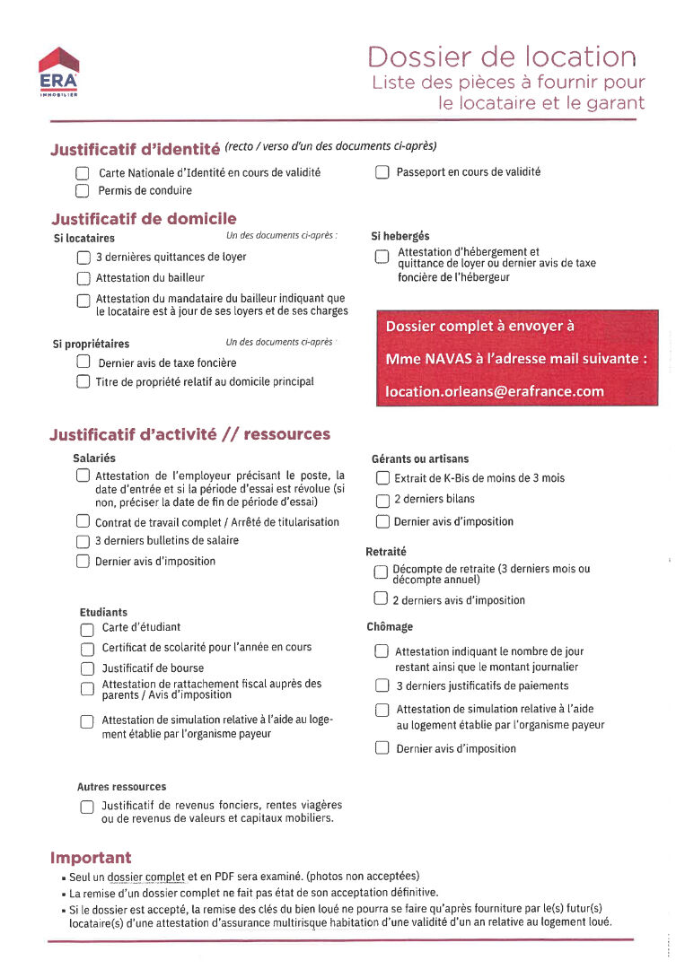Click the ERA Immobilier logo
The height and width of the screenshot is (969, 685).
(59, 72)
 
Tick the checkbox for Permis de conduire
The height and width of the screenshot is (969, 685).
(83, 190)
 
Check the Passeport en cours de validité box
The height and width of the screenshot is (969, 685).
(382, 172)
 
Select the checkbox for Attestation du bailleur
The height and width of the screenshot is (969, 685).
(83, 278)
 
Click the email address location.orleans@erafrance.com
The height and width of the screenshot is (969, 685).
(495, 391)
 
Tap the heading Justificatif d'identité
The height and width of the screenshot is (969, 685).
(135, 149)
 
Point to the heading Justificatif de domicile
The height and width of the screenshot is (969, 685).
(144, 219)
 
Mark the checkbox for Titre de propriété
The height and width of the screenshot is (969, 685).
(83, 382)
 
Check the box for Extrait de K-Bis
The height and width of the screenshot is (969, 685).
(382, 478)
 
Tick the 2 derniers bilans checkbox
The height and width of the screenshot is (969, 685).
(382, 500)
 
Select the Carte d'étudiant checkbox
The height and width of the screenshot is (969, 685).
(87, 629)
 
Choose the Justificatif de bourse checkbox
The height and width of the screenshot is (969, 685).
(87, 668)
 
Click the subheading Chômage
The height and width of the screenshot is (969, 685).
(390, 627)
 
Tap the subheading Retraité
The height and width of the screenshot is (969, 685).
(386, 552)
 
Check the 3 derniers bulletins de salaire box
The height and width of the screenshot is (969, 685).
(83, 541)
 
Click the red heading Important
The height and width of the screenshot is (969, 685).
(91, 858)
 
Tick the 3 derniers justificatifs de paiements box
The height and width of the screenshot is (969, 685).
(382, 686)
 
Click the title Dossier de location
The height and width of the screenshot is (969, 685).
(502, 57)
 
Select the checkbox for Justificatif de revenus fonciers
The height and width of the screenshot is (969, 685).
(87, 806)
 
